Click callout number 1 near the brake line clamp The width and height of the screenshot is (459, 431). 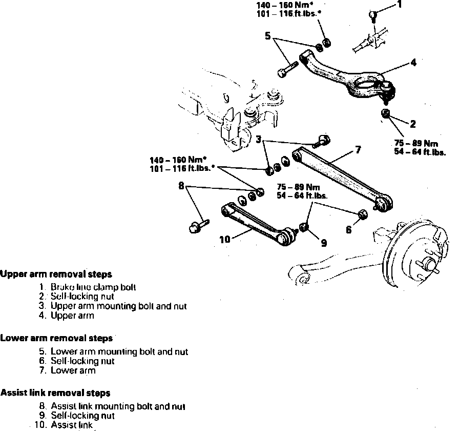[x=400, y=6]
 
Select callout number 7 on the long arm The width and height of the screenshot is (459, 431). [x=358, y=150]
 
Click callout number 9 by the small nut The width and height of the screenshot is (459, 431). [x=324, y=244]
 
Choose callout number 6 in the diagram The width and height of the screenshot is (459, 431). [x=348, y=230]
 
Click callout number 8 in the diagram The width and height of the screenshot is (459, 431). [x=181, y=186]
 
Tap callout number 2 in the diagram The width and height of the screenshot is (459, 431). [x=412, y=124]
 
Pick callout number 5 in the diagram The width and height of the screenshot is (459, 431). [x=267, y=36]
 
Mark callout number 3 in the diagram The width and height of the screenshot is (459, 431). [x=259, y=139]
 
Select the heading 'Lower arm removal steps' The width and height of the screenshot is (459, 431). [x=56, y=339]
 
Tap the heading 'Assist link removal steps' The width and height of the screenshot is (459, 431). [x=55, y=393]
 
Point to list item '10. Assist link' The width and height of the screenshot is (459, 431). [x=64, y=425]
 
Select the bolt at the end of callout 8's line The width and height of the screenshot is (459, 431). [x=196, y=224]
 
